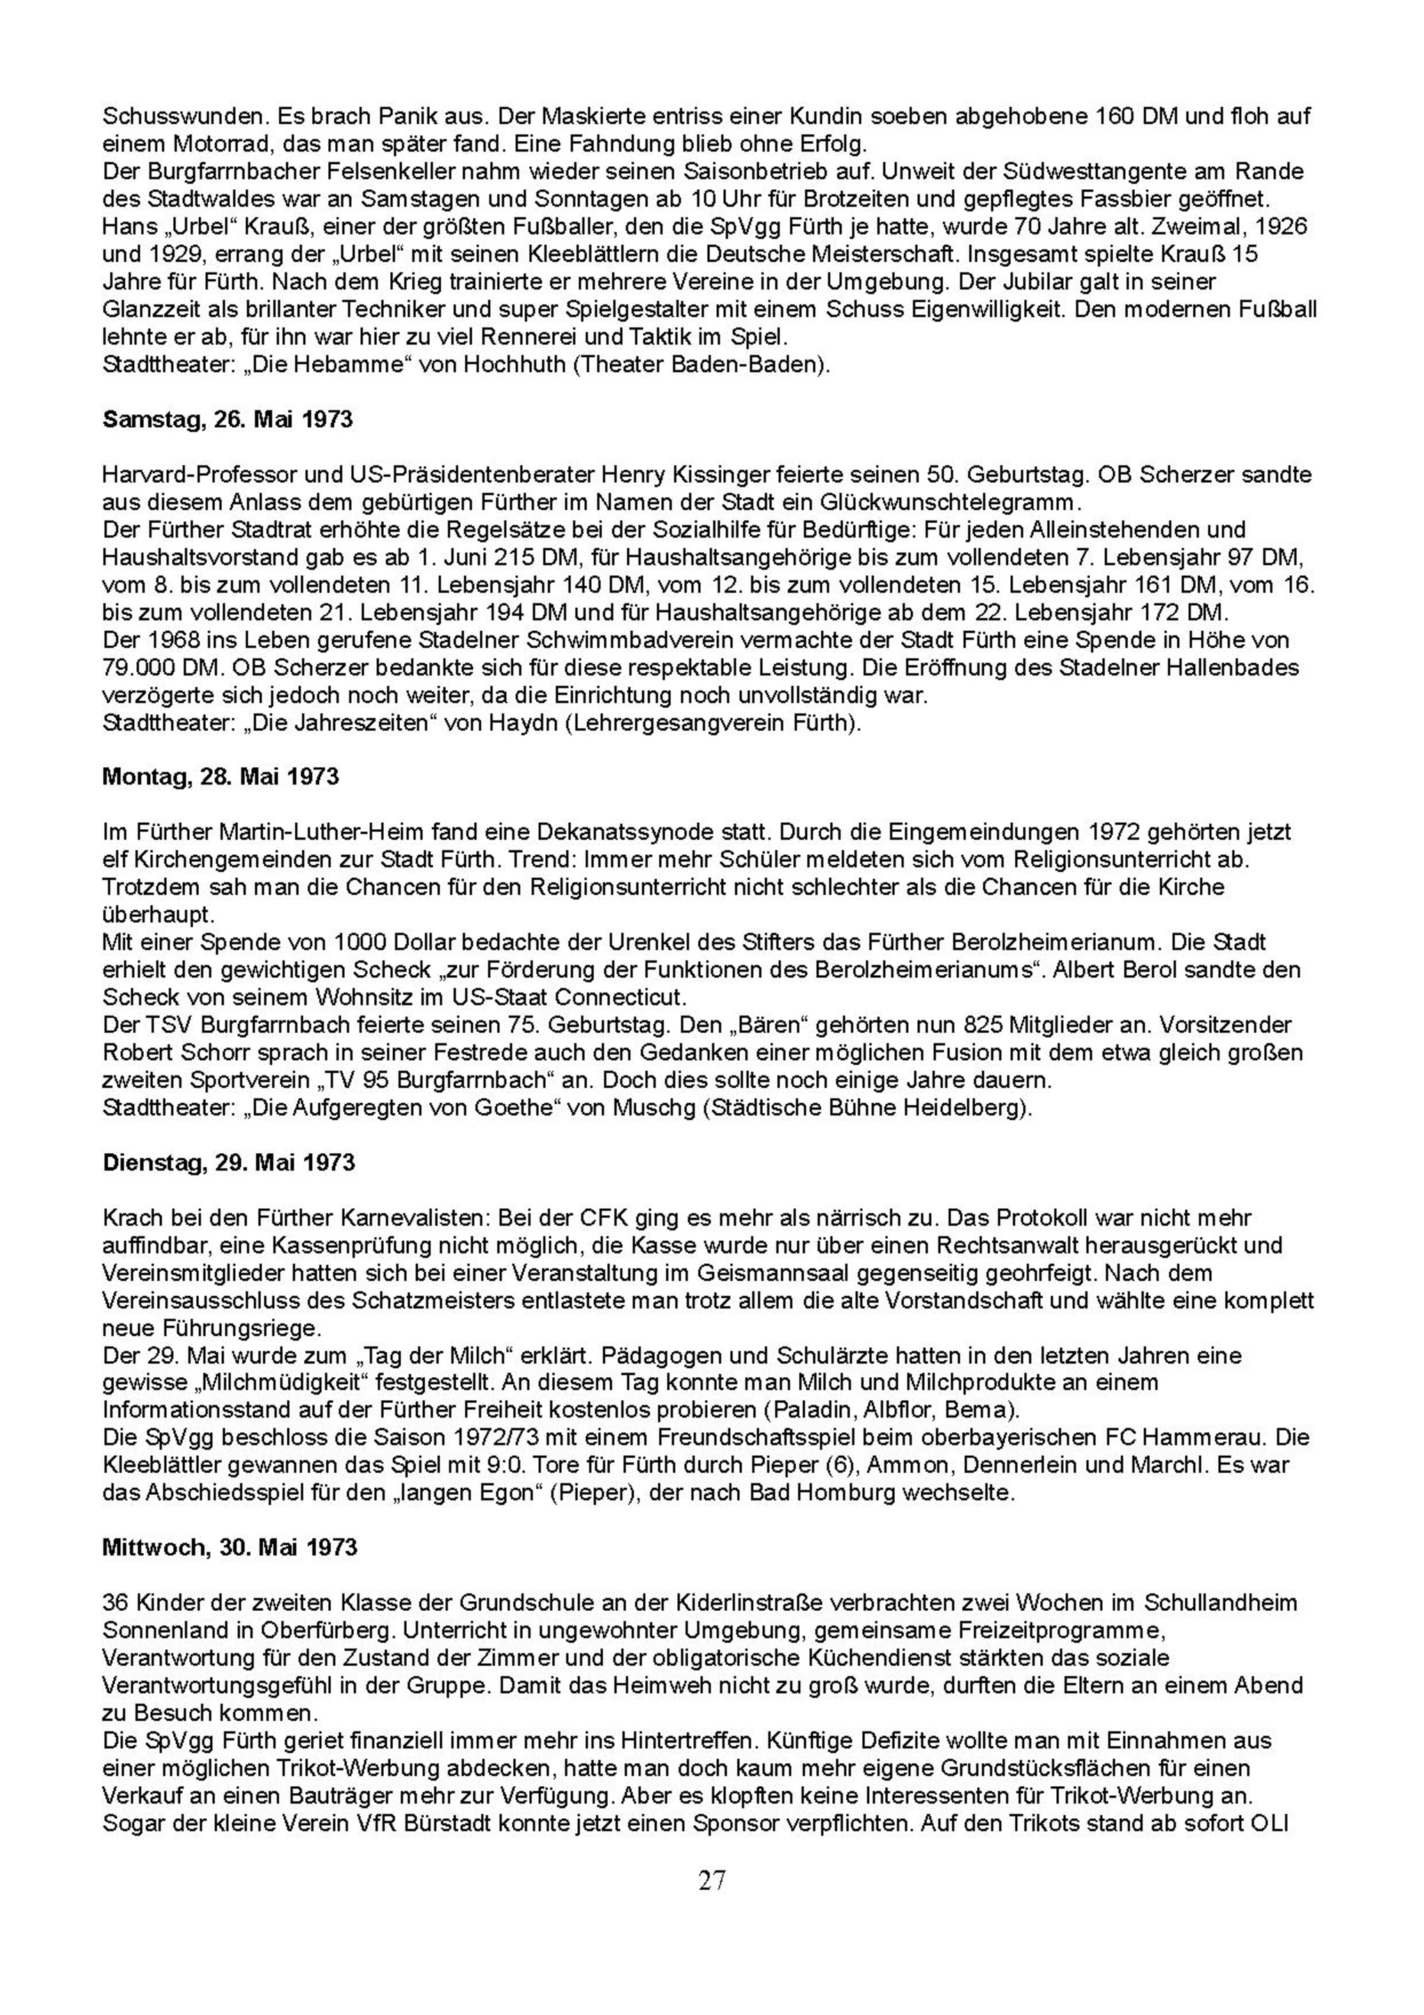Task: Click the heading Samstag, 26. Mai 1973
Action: tap(227, 419)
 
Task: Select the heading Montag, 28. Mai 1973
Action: tap(220, 777)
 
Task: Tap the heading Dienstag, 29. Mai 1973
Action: tap(228, 1163)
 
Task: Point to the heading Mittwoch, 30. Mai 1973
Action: tap(230, 1546)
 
